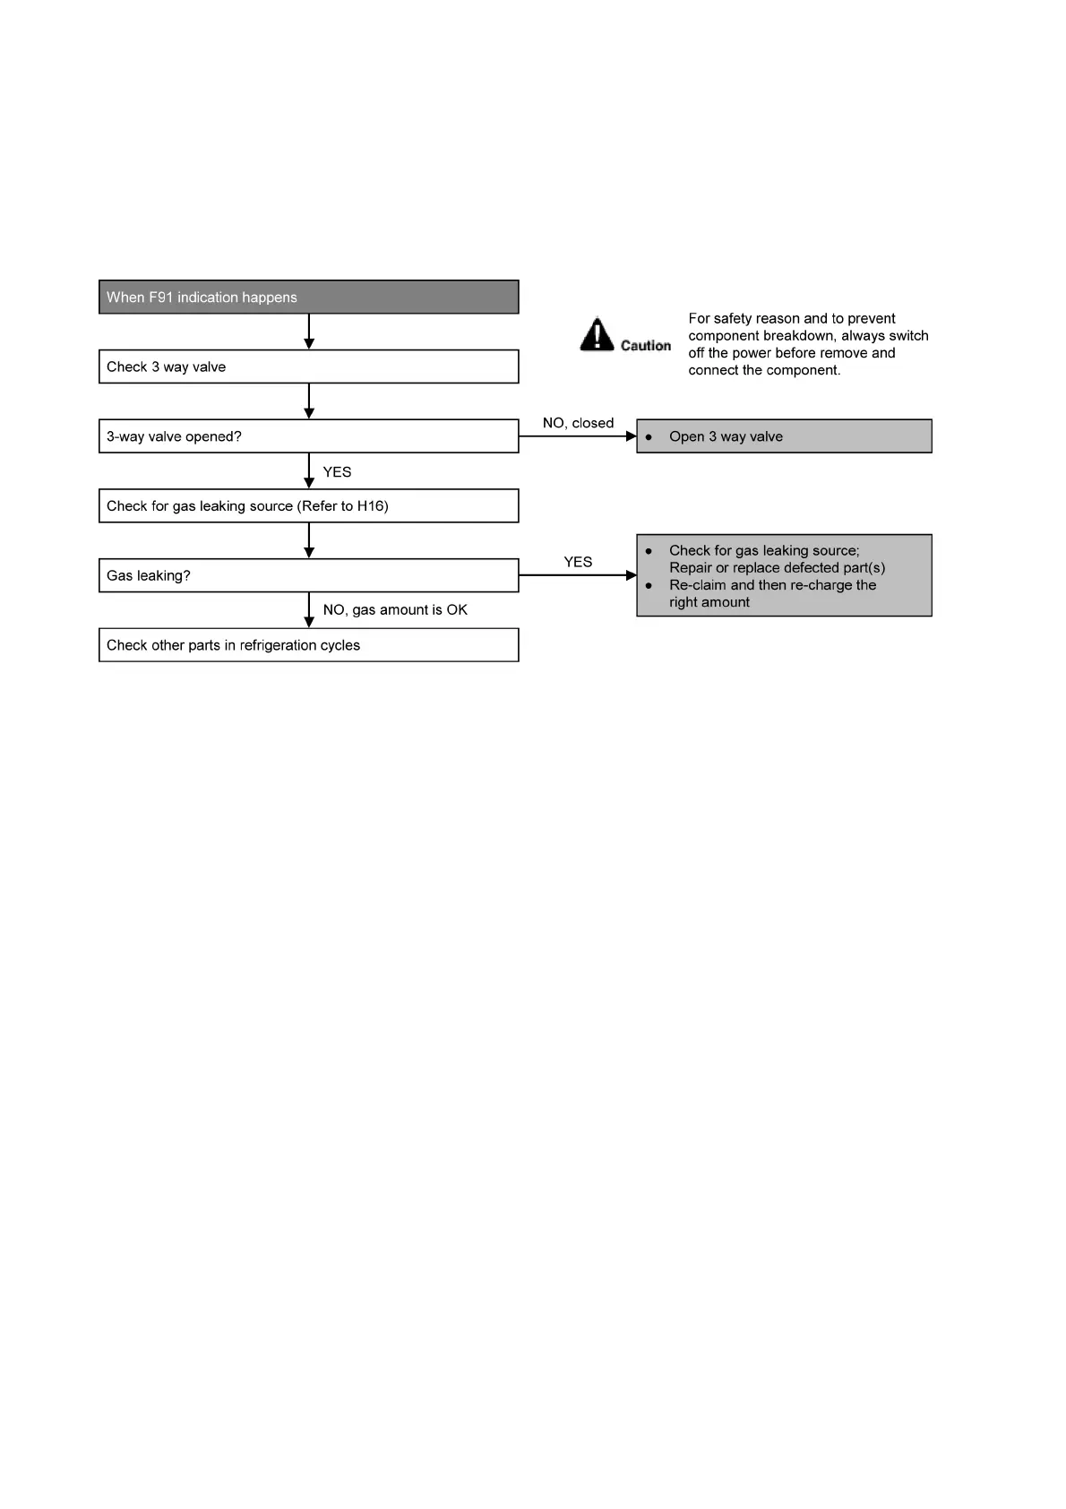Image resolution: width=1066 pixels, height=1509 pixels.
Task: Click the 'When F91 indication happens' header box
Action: [308, 297]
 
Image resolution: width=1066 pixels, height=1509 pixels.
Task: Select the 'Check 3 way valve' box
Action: [308, 366]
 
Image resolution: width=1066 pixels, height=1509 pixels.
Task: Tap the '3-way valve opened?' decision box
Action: [308, 436]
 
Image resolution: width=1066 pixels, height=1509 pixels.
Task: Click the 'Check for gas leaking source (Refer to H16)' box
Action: [308, 505]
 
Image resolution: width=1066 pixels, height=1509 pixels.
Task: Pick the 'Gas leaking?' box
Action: [308, 575]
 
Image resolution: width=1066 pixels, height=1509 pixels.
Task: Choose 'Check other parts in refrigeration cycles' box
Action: [308, 645]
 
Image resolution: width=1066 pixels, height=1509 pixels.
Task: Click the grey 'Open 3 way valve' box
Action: [784, 436]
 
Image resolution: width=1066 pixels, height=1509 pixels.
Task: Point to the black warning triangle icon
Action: [597, 334]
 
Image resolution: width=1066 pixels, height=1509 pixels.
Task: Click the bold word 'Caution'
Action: [646, 346]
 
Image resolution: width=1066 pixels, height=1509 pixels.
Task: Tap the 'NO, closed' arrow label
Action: [578, 423]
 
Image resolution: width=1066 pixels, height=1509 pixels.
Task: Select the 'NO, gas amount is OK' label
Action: [395, 609]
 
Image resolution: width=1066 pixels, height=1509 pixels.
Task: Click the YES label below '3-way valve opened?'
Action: [337, 472]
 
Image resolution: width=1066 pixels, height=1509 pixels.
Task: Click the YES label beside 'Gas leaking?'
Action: [578, 562]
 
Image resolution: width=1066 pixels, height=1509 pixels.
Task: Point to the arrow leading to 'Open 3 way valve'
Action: [578, 436]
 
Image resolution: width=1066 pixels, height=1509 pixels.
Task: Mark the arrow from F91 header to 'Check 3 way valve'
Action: [309, 332]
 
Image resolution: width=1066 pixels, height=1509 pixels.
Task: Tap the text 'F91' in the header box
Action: [161, 297]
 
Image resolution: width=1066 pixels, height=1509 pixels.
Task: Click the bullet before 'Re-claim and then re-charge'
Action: [649, 585]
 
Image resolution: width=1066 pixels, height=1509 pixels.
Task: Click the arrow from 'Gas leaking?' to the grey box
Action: [578, 575]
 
